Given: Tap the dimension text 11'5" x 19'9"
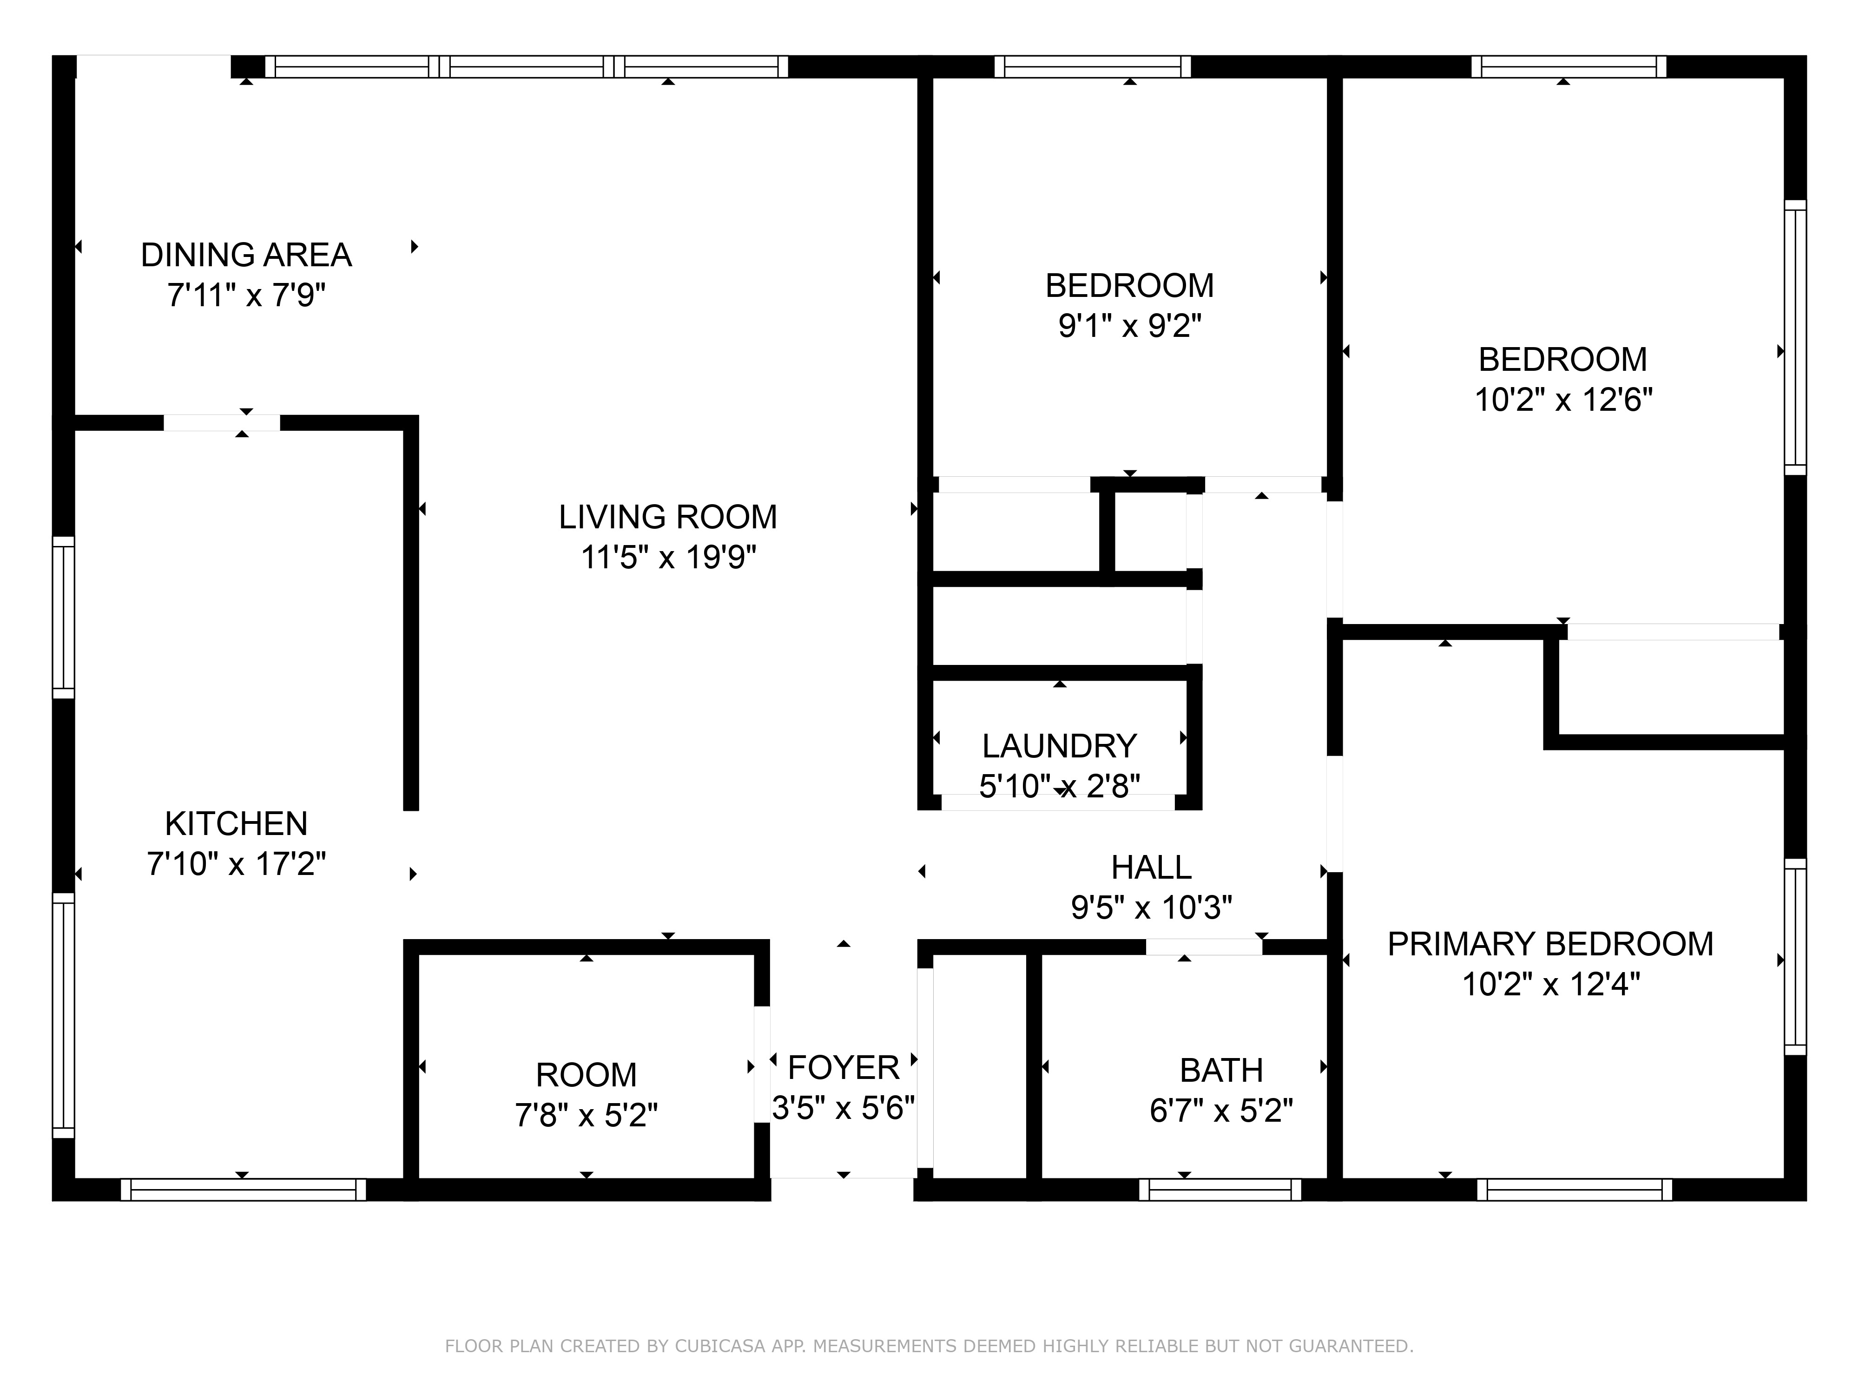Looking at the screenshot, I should pyautogui.click(x=668, y=557).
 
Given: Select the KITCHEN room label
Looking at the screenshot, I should pyautogui.click(x=236, y=823).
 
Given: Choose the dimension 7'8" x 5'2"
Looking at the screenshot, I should pyautogui.click(x=586, y=1115).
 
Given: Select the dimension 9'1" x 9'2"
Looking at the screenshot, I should pyautogui.click(x=1129, y=326).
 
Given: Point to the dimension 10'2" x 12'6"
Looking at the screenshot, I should pyautogui.click(x=1563, y=400).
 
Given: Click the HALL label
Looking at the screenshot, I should pyautogui.click(x=1151, y=867).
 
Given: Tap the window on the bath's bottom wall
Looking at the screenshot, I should pyautogui.click(x=1220, y=1189).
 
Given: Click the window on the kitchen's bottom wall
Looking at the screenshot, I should pyautogui.click(x=243, y=1189).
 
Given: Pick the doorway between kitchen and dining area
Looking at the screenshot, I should pyautogui.click(x=221, y=423).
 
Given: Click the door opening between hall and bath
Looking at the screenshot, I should pyautogui.click(x=1204, y=947).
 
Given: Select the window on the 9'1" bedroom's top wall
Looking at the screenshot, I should pyautogui.click(x=1092, y=66).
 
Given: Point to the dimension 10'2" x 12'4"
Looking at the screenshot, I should pyautogui.click(x=1550, y=985).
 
